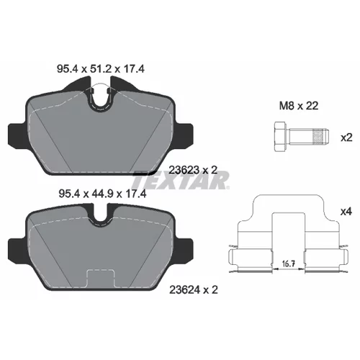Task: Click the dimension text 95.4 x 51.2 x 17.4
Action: point(101,69)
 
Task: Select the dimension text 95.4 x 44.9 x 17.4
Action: point(102,194)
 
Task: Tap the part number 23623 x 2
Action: point(193,170)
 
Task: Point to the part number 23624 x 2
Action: point(194,290)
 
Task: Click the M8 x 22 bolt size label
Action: point(299,106)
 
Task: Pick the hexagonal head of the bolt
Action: point(280,137)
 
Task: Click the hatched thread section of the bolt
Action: point(318,137)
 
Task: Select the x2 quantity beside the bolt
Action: point(346,138)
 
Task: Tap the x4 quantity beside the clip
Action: point(346,212)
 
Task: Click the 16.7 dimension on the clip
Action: point(289,264)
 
